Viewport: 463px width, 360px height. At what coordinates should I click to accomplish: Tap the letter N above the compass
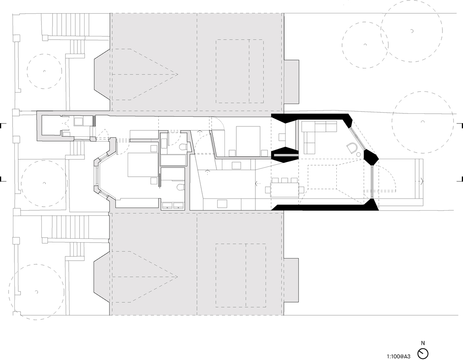tap(423, 343)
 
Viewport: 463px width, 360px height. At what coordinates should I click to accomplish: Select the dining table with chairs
tap(284, 189)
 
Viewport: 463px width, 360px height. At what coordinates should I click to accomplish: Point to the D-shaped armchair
tap(351, 148)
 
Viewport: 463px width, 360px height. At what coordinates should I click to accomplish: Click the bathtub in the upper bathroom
tap(173, 160)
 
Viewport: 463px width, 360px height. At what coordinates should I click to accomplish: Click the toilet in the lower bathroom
tap(181, 188)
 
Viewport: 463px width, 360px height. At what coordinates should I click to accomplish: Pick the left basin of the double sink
tap(168, 206)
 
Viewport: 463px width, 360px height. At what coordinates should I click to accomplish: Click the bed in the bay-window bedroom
tap(143, 165)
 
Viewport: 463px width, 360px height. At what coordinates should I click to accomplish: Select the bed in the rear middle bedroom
tap(248, 141)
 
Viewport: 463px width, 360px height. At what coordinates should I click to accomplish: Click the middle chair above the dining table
tap(285, 180)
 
